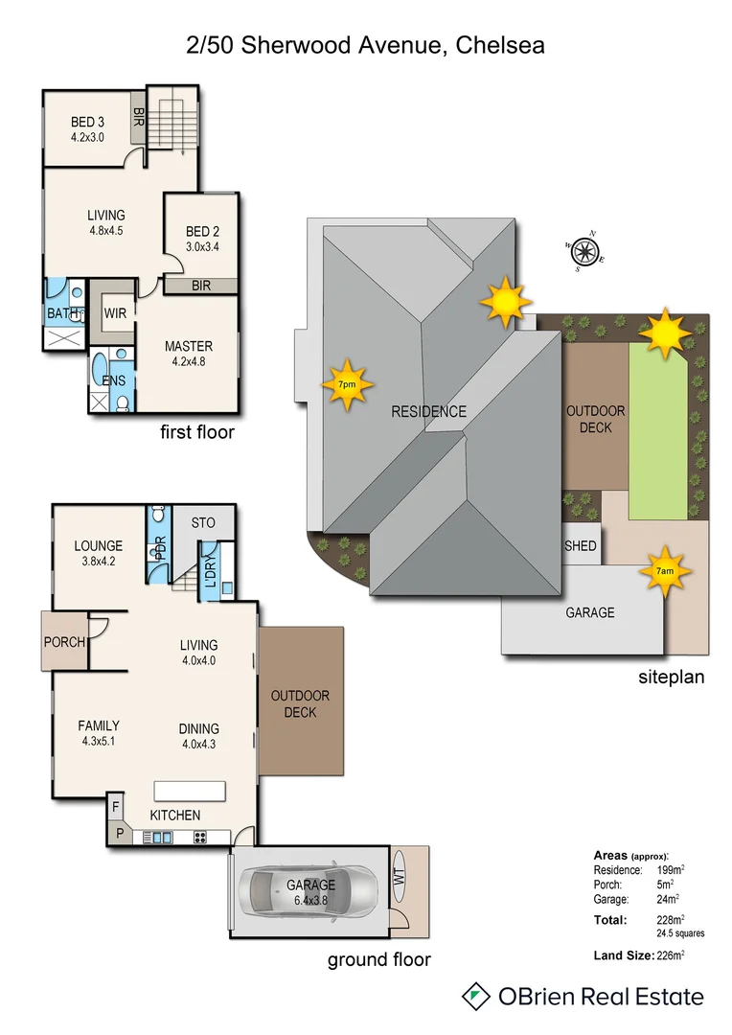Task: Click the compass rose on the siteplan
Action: tap(585, 250)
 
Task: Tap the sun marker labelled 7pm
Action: tap(346, 383)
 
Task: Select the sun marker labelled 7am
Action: tap(664, 571)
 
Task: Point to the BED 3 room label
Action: tap(87, 122)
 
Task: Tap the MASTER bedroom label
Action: tap(189, 346)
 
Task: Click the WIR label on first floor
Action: tap(116, 312)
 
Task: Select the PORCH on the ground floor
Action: tap(63, 641)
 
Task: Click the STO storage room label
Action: tap(203, 523)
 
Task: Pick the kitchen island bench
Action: tap(191, 790)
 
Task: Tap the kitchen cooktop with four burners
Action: tap(201, 837)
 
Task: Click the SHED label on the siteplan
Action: tap(582, 546)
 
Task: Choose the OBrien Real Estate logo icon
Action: tap(472, 996)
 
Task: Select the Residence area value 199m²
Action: tap(671, 870)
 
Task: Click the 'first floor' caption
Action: tap(197, 432)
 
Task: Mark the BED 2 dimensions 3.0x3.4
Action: tap(203, 246)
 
